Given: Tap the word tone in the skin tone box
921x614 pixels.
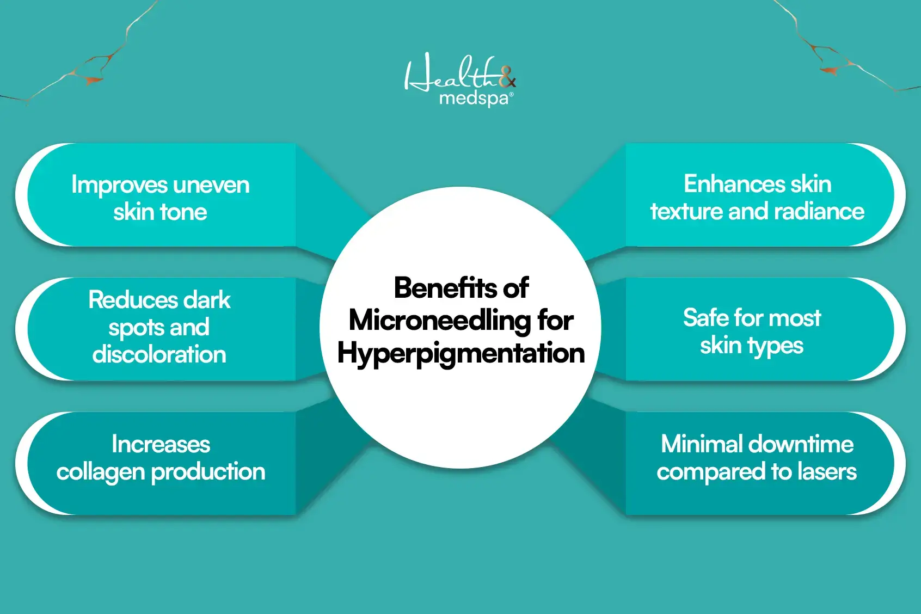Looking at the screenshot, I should (x=183, y=212).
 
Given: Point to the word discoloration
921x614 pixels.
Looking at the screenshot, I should (x=159, y=354).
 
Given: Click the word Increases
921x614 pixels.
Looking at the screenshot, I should (x=161, y=444).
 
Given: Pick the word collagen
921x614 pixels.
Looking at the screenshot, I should (x=101, y=472).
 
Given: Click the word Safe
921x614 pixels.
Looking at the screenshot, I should (x=705, y=317).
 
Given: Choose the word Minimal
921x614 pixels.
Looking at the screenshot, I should (x=698, y=444).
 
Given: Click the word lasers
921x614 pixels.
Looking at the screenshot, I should (x=827, y=472).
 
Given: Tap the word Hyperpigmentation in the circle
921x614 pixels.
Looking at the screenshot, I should (x=461, y=353).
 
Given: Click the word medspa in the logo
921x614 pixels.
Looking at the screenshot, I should (x=474, y=99).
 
